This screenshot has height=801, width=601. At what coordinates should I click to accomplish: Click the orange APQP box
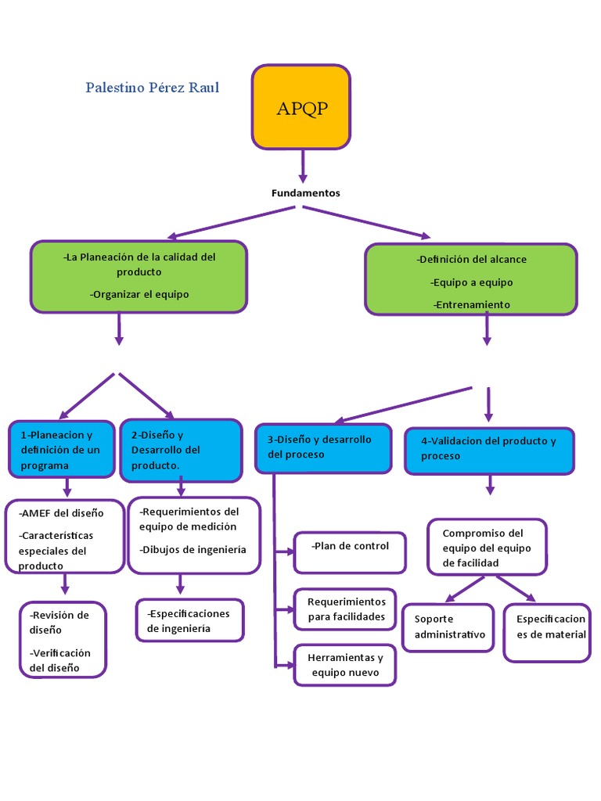tap(300, 107)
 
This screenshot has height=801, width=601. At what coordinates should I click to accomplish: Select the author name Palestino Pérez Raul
tap(153, 88)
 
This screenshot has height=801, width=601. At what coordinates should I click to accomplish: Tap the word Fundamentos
tap(305, 193)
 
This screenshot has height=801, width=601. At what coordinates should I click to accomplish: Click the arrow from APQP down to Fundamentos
tap(302, 166)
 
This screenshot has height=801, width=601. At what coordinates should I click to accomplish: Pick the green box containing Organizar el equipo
tap(139, 276)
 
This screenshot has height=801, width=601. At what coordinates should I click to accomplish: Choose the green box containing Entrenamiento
tap(470, 279)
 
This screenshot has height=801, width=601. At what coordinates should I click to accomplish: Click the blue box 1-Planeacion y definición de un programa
tap(62, 450)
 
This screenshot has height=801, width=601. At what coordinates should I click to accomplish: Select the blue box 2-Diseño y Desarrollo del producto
tap(181, 450)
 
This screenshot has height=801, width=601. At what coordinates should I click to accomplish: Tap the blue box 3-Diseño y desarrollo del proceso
tap(323, 448)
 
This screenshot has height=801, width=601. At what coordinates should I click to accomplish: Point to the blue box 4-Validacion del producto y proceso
tap(489, 451)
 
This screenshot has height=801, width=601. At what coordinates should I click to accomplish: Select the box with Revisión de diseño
tap(63, 639)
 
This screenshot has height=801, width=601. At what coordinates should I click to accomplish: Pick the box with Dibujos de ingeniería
tap(193, 535)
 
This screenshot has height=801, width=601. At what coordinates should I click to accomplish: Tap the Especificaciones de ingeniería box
tap(189, 620)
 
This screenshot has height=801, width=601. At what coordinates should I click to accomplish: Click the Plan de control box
tap(350, 551)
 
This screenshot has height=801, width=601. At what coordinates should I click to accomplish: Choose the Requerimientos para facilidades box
tap(345, 609)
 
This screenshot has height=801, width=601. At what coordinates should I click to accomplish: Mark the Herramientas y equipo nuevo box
tap(345, 665)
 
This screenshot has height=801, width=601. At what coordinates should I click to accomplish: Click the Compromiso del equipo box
tap(487, 547)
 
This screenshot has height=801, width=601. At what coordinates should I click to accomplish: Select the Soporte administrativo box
tap(448, 627)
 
